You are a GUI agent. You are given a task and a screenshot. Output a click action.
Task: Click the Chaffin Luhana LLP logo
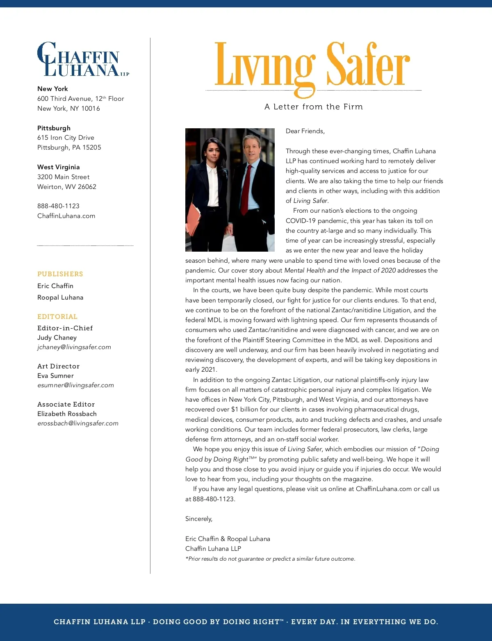click(82, 59)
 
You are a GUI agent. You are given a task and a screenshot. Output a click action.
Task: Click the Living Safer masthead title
click(312, 66)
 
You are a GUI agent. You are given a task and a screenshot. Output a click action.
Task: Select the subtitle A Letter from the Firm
click(314, 107)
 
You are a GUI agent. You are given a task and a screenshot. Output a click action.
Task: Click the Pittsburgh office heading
click(54, 128)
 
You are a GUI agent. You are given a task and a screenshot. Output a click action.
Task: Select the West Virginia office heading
click(59, 167)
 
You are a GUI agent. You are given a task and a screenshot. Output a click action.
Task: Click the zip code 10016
click(91, 109)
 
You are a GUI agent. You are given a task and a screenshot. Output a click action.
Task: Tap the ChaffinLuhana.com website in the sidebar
click(66, 216)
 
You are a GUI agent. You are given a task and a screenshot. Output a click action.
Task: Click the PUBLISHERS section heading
click(60, 274)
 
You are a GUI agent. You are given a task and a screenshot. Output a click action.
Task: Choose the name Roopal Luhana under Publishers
click(60, 298)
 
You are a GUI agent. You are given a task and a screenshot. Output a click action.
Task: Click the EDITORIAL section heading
click(57, 317)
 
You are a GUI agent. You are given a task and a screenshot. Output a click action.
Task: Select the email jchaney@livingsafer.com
click(74, 347)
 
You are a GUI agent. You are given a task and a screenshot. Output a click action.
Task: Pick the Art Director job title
click(58, 366)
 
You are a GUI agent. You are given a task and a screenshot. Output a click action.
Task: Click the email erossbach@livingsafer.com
click(78, 423)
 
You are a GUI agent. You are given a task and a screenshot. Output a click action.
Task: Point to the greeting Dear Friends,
click(305, 131)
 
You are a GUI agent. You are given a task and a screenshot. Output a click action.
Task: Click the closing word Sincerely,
click(199, 519)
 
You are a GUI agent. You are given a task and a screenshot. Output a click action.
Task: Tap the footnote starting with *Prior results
click(270, 559)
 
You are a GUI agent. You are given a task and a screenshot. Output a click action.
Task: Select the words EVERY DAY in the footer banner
click(314, 622)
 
